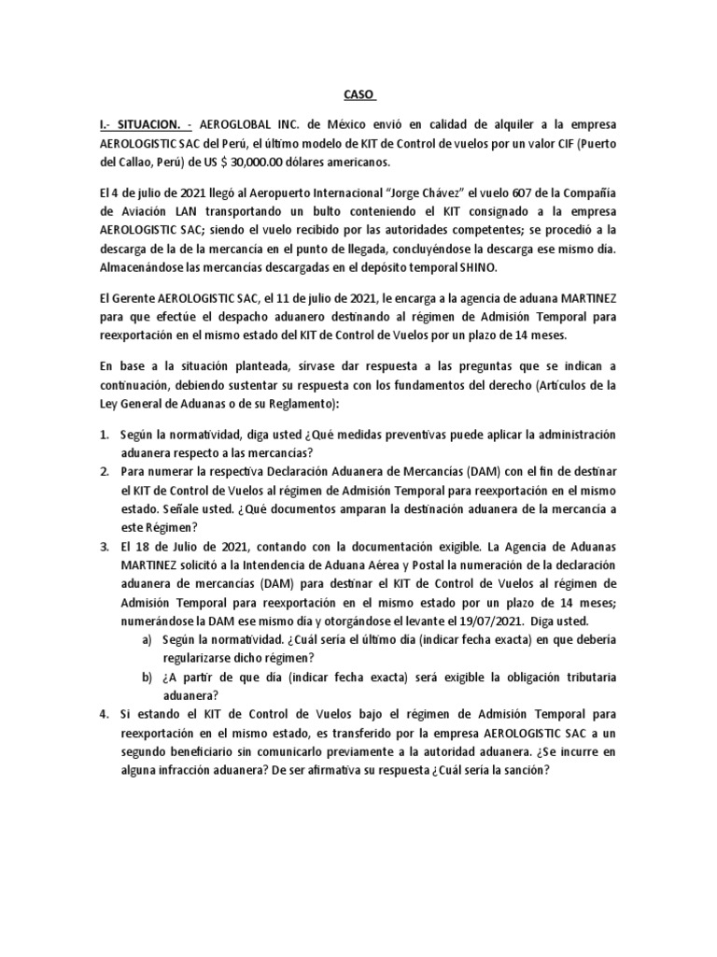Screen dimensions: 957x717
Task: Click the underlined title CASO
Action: [x=358, y=94]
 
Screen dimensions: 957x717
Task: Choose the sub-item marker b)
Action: [x=147, y=675]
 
